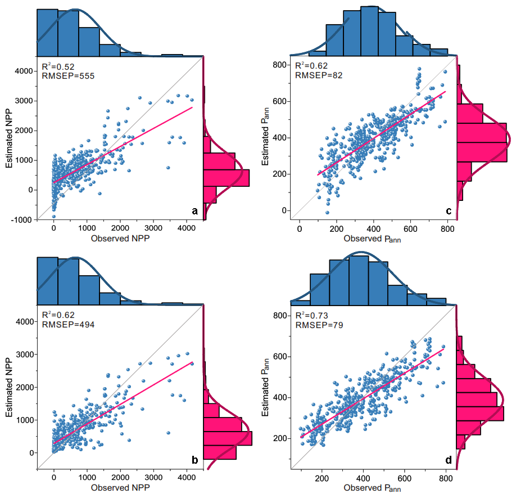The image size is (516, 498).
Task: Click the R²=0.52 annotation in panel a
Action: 58,64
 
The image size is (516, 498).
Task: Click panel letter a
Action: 195,211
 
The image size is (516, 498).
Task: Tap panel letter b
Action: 194,460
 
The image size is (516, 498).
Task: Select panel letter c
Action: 448,211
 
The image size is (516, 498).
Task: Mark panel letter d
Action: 448,460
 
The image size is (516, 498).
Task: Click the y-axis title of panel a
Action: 10,138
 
